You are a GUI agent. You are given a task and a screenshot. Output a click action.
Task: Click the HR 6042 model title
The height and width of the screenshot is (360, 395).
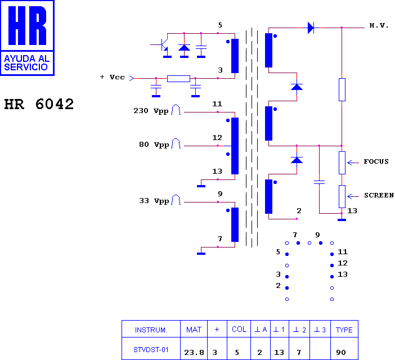click(39, 104)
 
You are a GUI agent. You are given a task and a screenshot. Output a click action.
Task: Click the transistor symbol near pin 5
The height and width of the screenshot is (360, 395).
click(164, 45)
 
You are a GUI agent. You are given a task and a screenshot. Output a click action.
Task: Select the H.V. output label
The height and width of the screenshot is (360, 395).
click(379, 25)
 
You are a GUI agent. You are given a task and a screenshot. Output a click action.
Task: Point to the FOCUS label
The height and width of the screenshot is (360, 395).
click(376, 161)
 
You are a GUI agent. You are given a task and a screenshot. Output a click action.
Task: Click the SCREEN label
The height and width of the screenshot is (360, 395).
click(379, 195)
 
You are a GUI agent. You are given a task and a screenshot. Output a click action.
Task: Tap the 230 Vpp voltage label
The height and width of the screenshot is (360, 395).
click(151, 111)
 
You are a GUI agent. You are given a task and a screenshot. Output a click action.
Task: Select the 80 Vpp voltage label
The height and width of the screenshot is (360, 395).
click(154, 145)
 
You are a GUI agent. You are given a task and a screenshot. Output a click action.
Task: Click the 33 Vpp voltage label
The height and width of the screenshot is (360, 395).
click(154, 201)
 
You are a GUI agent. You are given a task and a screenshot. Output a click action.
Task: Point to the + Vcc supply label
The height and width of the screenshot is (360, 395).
click(113, 77)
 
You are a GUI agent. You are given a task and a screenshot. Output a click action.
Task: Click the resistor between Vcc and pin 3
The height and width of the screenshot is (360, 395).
click(178, 79)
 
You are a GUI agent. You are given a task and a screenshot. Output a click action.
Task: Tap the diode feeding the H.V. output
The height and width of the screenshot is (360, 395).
click(311, 28)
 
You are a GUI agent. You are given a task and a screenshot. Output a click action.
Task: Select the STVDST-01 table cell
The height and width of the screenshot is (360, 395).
click(151, 350)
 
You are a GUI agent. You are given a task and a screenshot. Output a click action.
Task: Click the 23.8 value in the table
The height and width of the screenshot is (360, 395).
click(194, 353)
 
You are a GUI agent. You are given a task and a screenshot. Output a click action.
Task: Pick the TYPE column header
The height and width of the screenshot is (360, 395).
click(344, 330)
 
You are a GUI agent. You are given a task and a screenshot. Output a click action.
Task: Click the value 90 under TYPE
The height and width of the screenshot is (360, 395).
click(341, 353)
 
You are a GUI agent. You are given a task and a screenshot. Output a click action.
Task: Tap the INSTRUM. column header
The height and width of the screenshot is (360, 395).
click(151, 330)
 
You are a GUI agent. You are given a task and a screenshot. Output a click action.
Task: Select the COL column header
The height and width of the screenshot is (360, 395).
click(239, 329)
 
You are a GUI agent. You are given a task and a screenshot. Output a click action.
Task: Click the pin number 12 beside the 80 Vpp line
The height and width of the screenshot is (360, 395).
click(217, 138)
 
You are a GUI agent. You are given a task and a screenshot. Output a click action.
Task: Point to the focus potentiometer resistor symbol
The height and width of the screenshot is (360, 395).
click(342, 163)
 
